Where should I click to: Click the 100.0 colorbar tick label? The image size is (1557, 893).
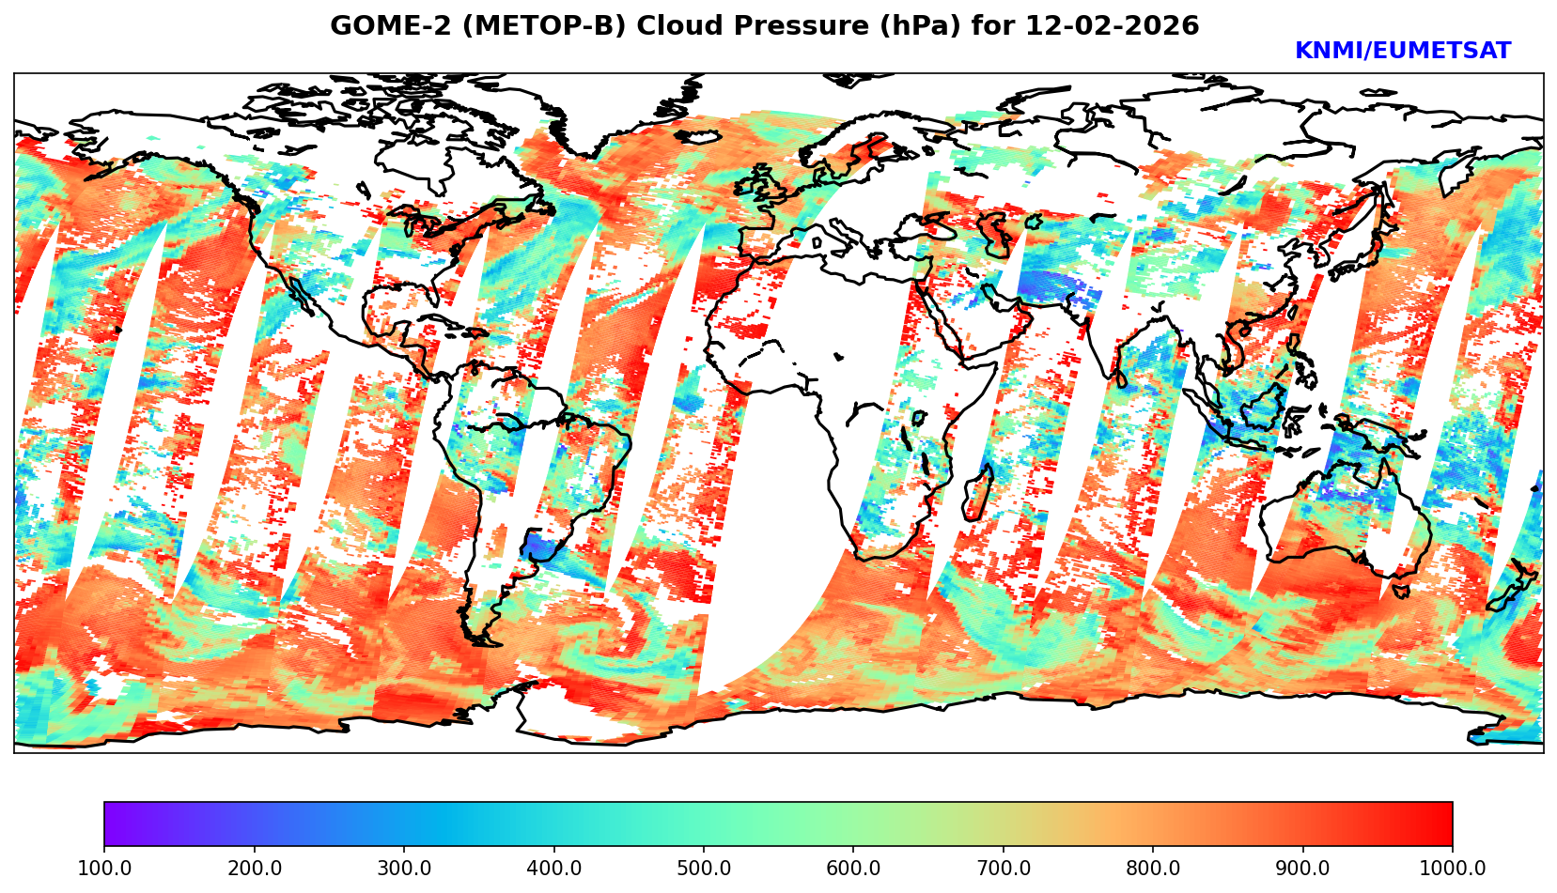[103, 869]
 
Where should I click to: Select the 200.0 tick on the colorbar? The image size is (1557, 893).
[254, 869]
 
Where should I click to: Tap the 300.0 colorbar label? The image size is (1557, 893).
[403, 869]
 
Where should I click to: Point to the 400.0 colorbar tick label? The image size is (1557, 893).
[553, 869]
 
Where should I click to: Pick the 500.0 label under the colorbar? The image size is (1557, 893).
[703, 869]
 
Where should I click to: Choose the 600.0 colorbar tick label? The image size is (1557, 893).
[853, 869]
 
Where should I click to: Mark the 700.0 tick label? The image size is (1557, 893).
[1003, 869]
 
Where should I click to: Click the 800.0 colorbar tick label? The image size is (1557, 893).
[1153, 869]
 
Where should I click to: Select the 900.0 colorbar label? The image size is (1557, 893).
[1302, 869]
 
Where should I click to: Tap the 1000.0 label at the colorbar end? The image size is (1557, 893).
[1452, 869]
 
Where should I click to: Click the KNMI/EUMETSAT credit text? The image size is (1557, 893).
[1402, 52]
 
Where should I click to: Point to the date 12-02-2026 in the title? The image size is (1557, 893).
[1113, 26]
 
